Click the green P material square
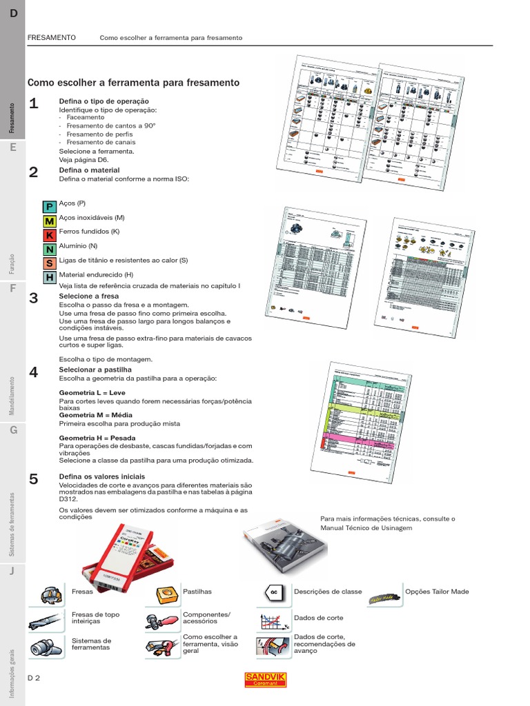coord(49,207)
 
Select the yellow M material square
coord(49,221)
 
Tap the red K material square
coord(49,235)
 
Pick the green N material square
coord(49,249)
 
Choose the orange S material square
coord(49,263)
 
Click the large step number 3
coord(33,298)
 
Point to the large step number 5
coord(33,479)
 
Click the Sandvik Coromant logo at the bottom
coord(265,679)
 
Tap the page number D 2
coord(34,678)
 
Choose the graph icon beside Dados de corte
coord(273,621)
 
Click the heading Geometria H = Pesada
coord(97,438)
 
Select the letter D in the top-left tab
coord(13,14)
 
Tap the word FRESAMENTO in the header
coord(51,37)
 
